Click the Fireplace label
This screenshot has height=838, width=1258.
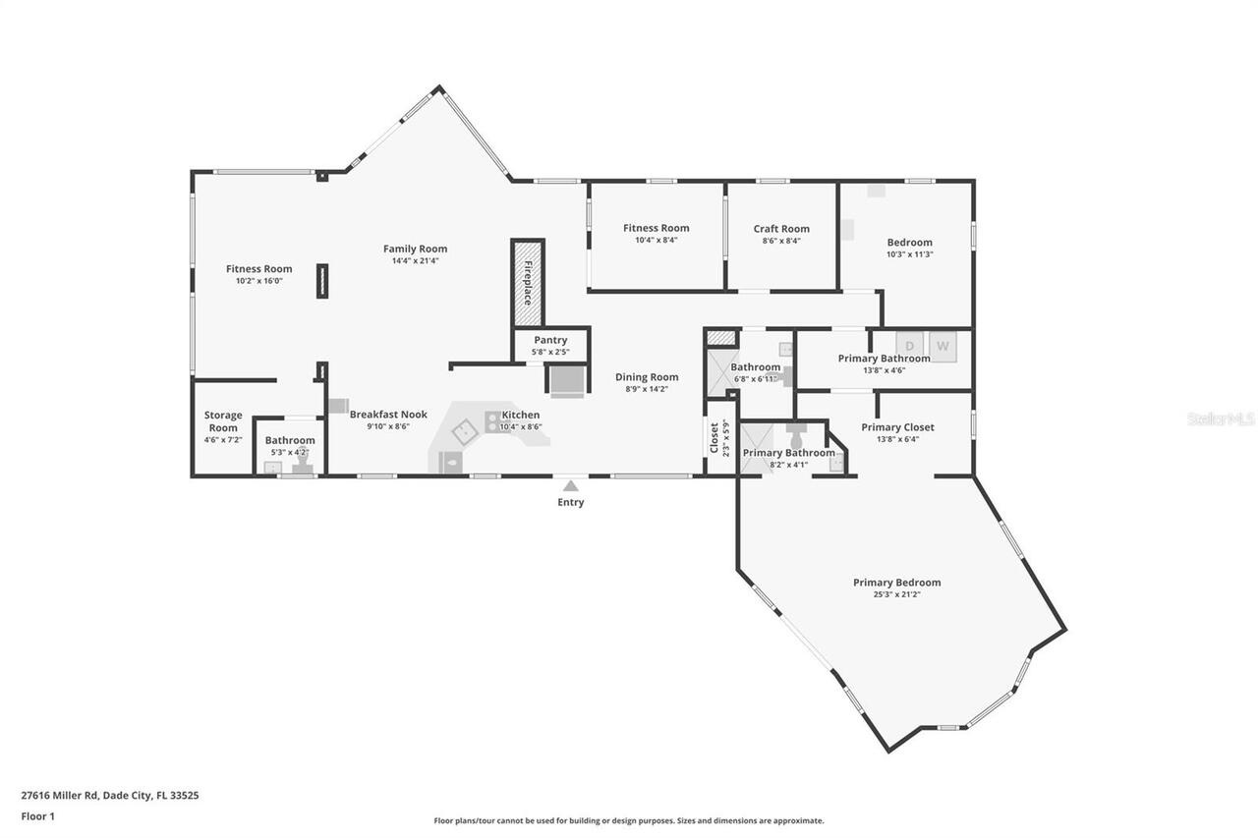528,283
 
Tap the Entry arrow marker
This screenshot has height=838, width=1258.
570,484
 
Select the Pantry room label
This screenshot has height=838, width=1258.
550,340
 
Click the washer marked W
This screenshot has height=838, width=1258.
943,346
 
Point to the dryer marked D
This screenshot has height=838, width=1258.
909,346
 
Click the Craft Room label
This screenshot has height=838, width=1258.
781,229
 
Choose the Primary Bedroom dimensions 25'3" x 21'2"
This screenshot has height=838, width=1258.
896,594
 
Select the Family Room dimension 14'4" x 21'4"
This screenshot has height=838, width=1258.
415,261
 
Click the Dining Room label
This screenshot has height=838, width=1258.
647,377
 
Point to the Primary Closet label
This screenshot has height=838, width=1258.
897,427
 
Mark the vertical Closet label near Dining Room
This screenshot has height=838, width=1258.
715,437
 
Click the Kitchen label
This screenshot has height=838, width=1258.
520,415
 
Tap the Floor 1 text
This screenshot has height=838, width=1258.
38,815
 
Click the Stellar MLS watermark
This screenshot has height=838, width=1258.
1221,419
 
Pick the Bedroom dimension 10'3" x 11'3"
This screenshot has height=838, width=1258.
909,253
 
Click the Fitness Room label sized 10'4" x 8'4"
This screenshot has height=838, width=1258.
656,228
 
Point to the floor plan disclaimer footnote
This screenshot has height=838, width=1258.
629,820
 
